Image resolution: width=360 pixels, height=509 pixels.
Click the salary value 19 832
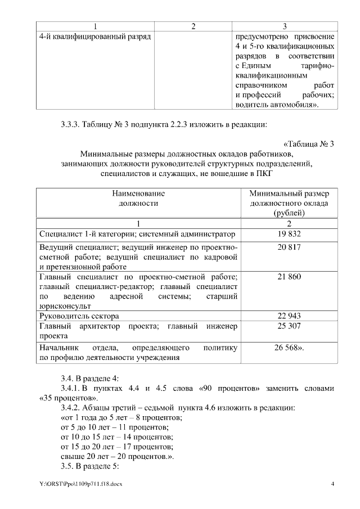[289, 234]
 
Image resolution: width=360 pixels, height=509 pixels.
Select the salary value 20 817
[289, 247]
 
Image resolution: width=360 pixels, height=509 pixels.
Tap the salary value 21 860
[289, 277]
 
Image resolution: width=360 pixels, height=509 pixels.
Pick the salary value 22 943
[289, 316]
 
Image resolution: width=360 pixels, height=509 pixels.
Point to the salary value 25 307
[289, 326]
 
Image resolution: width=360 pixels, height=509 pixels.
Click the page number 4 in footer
[332, 484]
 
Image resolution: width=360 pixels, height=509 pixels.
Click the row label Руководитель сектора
[79, 316]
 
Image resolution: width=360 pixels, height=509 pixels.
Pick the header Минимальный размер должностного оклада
[289, 202]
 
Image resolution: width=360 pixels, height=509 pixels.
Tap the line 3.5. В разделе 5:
[90, 466]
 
